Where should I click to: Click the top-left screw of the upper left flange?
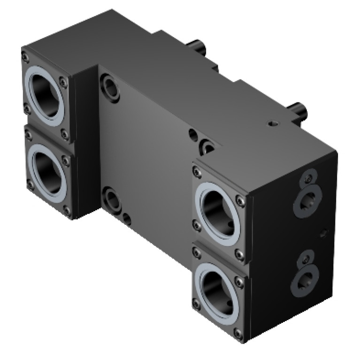(x=24, y=57)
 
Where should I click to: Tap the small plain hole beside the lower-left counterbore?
(x=127, y=217)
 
